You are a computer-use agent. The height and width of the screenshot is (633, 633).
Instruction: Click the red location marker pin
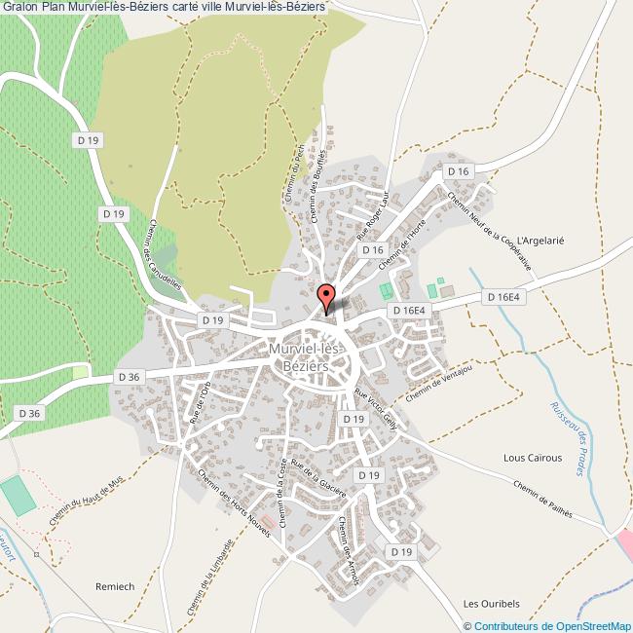point(327,293)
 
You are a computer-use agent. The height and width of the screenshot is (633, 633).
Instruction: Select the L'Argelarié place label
point(541,240)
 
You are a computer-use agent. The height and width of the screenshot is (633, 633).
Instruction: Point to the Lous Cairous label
point(532,457)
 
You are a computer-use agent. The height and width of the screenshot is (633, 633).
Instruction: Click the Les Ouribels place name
point(490,602)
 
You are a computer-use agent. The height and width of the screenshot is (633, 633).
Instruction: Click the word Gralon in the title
point(19,8)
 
